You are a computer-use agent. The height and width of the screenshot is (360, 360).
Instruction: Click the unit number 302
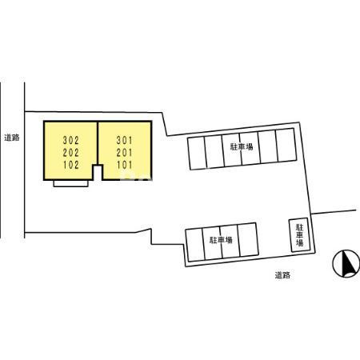click(x=71, y=140)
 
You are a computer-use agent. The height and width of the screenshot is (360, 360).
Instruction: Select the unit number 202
click(x=71, y=153)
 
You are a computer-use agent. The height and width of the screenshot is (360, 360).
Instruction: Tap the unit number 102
click(x=71, y=165)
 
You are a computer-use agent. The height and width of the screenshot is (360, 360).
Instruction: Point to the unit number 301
click(x=124, y=140)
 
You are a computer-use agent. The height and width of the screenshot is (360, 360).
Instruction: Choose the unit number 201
click(x=124, y=153)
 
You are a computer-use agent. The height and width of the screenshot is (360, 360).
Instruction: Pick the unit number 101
click(x=124, y=165)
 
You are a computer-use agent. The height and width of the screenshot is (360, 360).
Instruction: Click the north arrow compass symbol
click(x=346, y=264)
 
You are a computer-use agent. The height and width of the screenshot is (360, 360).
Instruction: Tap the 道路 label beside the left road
click(x=12, y=138)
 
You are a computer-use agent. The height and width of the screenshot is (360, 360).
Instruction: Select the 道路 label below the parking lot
click(x=282, y=275)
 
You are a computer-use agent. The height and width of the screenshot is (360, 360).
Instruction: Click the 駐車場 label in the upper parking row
click(x=242, y=146)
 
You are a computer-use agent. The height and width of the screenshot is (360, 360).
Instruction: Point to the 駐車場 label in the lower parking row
click(x=221, y=240)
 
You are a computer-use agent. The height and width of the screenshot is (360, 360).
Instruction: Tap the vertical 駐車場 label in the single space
click(x=300, y=235)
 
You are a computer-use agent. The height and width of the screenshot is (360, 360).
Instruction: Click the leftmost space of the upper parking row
click(x=197, y=154)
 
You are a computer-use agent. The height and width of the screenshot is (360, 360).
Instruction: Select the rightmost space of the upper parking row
click(x=286, y=145)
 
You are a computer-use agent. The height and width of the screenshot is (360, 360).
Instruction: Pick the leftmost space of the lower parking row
click(x=195, y=245)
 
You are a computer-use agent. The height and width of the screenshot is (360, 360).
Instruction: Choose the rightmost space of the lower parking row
click(x=248, y=239)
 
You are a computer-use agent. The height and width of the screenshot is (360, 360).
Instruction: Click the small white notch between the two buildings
click(x=98, y=173)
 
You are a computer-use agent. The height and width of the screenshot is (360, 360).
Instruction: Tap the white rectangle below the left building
click(x=70, y=183)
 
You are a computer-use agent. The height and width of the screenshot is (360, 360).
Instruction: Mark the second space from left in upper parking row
click(x=214, y=152)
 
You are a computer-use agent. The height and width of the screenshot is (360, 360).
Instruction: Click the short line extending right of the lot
click(x=334, y=212)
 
